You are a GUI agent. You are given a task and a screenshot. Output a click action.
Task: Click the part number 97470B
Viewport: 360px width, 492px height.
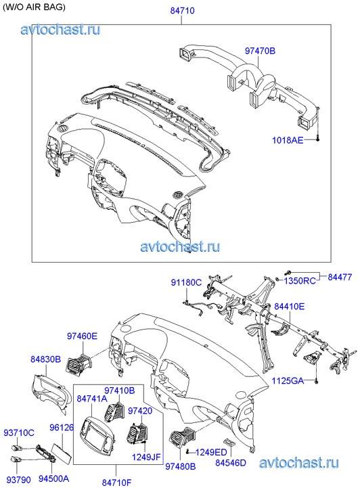coord(260,51)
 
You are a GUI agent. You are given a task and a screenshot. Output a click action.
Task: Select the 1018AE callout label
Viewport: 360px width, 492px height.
coord(288,140)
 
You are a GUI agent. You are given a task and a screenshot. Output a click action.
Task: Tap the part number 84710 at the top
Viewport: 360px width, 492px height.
coord(182,11)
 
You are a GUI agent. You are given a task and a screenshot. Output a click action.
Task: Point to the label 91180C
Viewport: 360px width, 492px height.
coord(186,282)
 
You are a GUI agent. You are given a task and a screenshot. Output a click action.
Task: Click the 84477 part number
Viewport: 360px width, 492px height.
coord(340,277)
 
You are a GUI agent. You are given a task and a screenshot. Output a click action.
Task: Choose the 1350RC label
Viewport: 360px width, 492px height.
coord(300,281)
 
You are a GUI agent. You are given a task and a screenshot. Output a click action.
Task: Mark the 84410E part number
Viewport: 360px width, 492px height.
coord(289,307)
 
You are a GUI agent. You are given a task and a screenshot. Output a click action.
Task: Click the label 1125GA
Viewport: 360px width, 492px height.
coord(288,381)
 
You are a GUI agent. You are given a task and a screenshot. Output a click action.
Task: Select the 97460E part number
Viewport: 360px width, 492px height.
coord(82,336)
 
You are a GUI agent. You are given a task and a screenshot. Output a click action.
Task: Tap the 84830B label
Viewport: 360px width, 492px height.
coord(45,359)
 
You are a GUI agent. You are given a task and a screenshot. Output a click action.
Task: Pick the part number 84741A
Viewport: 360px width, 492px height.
coord(92,399)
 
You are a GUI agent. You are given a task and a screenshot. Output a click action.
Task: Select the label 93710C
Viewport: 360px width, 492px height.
coord(19,433)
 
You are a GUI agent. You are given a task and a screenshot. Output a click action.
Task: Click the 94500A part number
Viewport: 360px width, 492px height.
coord(53,478)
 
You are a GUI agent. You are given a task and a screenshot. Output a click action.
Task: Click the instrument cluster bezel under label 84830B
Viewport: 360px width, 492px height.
coord(49,393)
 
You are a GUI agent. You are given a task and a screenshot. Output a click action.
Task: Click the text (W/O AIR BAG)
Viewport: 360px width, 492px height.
coord(34,7)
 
